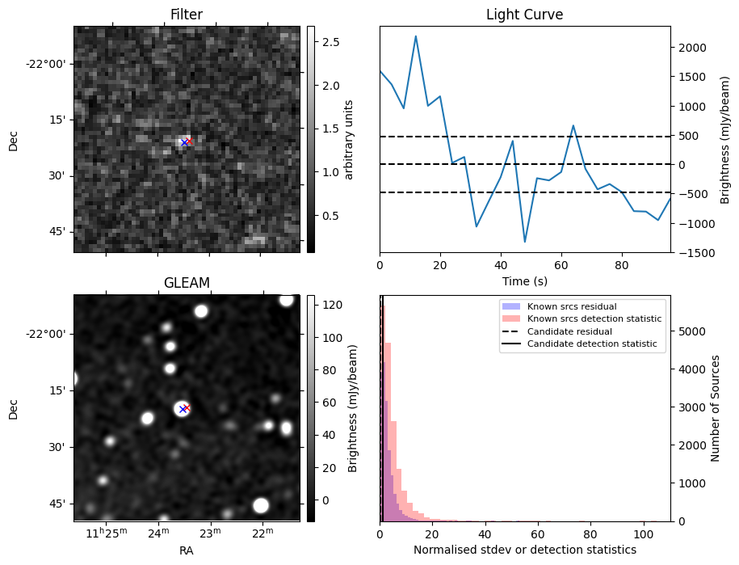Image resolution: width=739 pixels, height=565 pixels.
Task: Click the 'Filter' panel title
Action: tap(187, 15)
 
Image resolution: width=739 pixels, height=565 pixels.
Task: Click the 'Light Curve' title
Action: tap(524, 15)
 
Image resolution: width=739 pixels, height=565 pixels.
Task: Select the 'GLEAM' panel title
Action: tap(187, 282)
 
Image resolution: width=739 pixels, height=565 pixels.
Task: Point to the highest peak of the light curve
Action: tap(416, 36)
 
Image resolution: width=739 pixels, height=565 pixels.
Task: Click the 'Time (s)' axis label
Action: tap(524, 280)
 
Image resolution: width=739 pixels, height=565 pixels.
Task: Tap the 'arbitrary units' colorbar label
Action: tap(349, 139)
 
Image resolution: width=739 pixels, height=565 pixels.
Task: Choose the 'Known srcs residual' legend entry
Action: tap(572, 307)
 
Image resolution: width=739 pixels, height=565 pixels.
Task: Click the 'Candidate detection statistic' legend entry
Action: tap(593, 344)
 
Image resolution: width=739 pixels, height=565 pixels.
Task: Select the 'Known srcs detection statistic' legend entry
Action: tap(594, 319)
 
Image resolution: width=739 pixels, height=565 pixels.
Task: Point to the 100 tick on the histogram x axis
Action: tap(643, 533)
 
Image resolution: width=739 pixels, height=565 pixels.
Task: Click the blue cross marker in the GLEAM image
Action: tap(183, 409)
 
